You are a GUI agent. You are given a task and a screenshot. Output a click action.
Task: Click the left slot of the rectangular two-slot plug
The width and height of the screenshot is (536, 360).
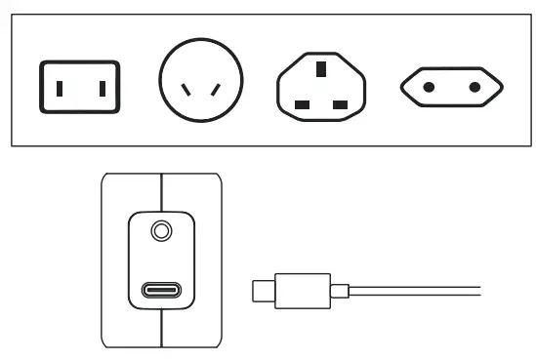click(60, 88)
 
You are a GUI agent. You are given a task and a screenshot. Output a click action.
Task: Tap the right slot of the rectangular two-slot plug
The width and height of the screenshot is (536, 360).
click(99, 88)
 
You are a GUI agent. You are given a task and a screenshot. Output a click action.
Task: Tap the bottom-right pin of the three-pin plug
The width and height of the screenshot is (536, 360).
click(342, 102)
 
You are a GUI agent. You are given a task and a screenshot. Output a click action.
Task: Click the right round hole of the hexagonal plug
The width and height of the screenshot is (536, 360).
click(474, 88)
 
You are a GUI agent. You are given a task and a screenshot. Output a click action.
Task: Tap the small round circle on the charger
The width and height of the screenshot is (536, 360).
click(162, 232)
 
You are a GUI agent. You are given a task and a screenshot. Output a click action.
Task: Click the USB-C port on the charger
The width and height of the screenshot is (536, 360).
click(162, 290)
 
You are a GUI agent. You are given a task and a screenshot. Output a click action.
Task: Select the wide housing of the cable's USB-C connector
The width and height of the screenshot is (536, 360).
click(305, 290)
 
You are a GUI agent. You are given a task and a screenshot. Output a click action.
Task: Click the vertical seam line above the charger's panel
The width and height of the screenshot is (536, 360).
click(162, 190)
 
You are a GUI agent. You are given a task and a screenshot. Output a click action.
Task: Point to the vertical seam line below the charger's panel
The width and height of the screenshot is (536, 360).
click(162, 332)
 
